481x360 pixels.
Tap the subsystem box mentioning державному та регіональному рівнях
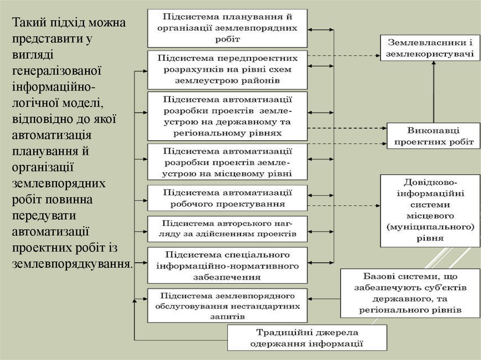228,116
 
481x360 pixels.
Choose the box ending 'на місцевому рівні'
228,162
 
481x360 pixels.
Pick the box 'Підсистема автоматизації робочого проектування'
228,198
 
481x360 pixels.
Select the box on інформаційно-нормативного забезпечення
228,265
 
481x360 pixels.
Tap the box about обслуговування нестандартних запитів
228,306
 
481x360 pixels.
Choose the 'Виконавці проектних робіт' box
433,136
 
